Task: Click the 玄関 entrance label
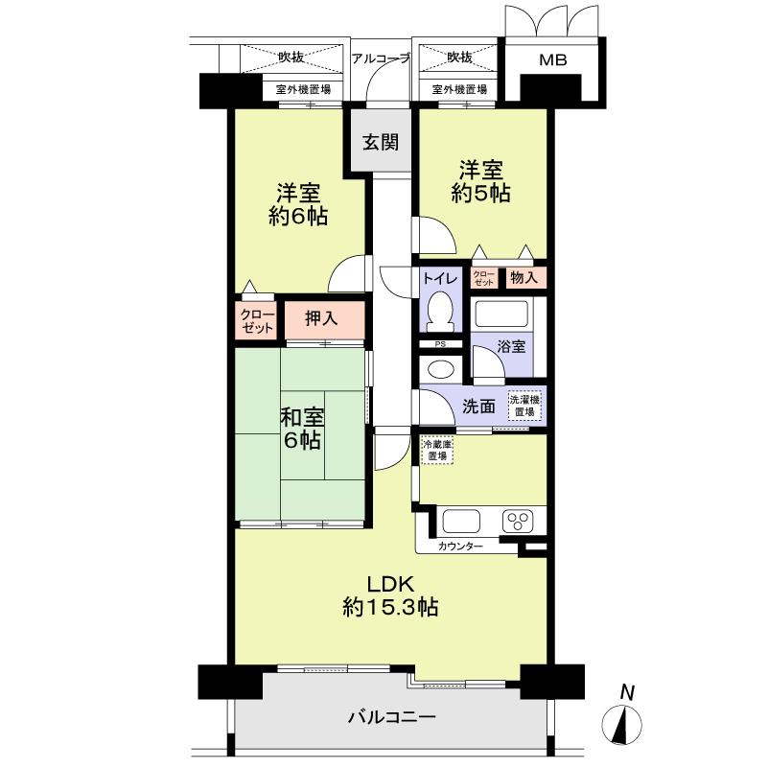click(381, 142)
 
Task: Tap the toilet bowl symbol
click(440, 312)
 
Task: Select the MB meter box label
click(553, 59)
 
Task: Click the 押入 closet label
click(321, 318)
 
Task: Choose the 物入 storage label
click(524, 278)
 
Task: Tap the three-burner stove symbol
click(518, 522)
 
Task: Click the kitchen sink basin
click(461, 521)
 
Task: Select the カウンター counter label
click(460, 546)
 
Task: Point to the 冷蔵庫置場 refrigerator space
click(437, 450)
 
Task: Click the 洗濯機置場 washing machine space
click(524, 405)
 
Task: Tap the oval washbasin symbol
click(441, 369)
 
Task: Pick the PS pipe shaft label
click(440, 344)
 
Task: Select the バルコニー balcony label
click(392, 717)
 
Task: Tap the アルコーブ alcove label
click(381, 58)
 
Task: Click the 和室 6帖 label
click(302, 429)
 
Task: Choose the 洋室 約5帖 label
click(481, 181)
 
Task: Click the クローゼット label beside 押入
click(257, 321)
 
